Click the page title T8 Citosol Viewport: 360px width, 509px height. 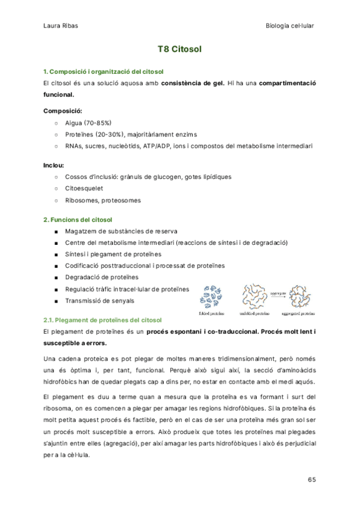[x=179, y=50]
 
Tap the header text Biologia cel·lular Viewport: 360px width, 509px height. [x=290, y=26]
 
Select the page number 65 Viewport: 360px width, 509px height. [x=311, y=480]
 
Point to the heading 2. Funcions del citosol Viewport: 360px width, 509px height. [x=78, y=220]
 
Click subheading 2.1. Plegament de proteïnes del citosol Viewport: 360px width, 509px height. [x=103, y=321]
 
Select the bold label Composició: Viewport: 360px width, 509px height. [x=63, y=111]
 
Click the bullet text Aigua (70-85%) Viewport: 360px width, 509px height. [x=88, y=123]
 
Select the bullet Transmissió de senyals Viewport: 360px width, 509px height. [x=100, y=301]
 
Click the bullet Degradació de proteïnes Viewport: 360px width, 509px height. [x=101, y=277]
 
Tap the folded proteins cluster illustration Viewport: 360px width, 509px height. [x=214, y=295]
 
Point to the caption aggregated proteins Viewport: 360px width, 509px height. [x=299, y=312]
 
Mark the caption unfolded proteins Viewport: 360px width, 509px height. [x=255, y=312]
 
